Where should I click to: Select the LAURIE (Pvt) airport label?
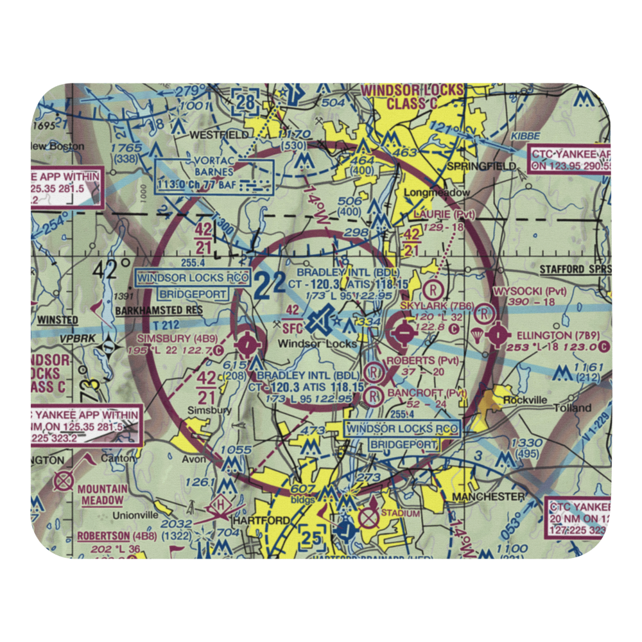click(444, 215)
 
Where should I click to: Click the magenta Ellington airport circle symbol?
click(498, 334)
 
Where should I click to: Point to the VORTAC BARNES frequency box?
click(214, 177)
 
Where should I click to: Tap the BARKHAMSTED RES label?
click(159, 310)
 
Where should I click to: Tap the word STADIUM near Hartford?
click(400, 513)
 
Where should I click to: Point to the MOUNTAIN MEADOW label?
click(101, 494)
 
